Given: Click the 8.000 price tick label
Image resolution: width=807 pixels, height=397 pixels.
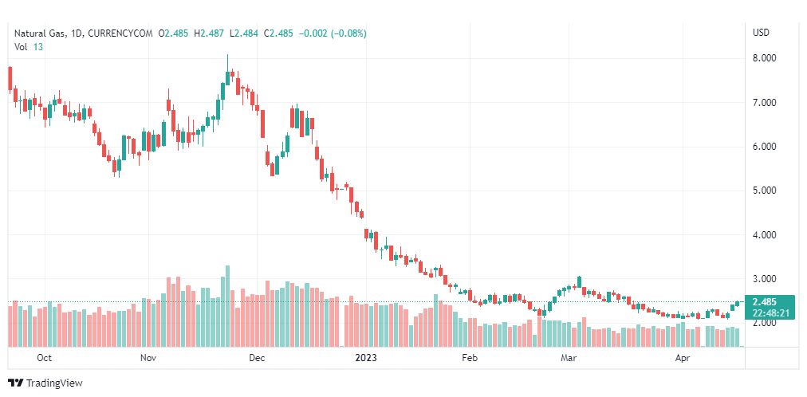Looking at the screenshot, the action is click(x=764, y=59).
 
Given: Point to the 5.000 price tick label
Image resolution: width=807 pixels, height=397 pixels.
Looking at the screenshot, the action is click(x=764, y=191).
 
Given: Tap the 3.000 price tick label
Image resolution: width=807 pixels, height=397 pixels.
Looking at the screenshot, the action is click(x=764, y=279).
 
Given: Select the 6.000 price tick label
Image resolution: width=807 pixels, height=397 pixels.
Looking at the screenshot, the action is click(x=764, y=147).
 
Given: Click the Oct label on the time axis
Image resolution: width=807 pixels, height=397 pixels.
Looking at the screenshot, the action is click(x=45, y=358).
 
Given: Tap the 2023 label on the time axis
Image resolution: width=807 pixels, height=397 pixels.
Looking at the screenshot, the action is click(x=367, y=358).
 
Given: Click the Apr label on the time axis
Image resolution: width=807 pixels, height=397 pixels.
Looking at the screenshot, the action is click(x=683, y=358).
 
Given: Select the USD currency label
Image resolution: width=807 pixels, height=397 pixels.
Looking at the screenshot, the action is click(x=762, y=33).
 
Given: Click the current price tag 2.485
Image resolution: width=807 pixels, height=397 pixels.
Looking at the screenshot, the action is click(x=764, y=302).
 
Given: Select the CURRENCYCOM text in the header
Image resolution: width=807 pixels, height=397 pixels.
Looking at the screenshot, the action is click(x=120, y=33).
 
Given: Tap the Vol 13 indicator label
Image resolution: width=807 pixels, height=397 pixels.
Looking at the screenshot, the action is click(x=28, y=47).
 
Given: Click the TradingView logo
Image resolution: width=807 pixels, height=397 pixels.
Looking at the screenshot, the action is click(x=45, y=383).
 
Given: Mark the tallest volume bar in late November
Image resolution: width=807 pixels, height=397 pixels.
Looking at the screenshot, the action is click(x=227, y=306).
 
